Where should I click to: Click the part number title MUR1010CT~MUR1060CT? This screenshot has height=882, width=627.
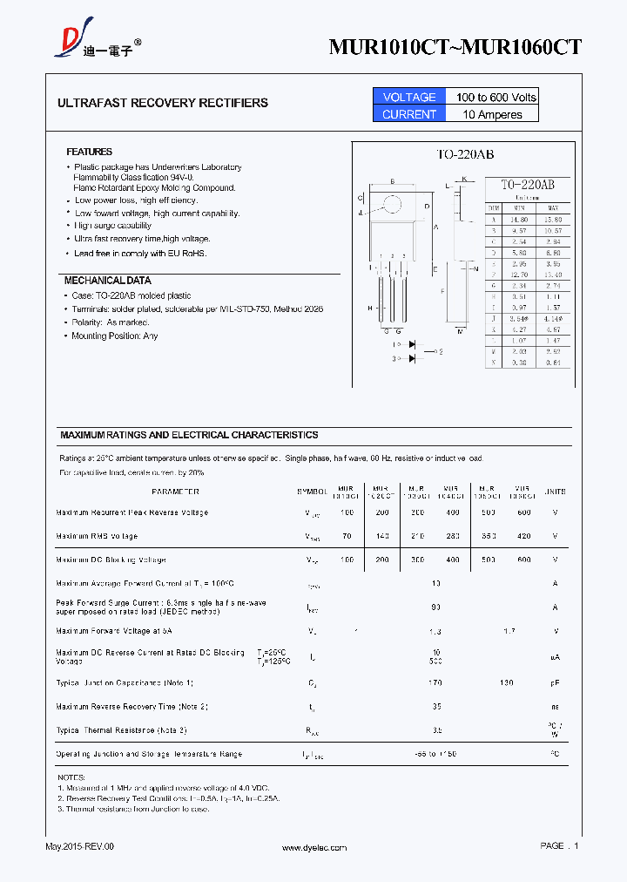[455, 47]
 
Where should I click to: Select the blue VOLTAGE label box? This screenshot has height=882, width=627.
[408, 97]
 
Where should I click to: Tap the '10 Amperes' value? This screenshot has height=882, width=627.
[492, 114]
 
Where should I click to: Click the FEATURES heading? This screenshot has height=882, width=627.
[89, 152]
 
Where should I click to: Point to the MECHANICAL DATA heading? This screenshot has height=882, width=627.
[107, 281]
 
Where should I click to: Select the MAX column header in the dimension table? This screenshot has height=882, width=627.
[552, 207]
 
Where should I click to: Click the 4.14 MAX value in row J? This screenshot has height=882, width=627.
[552, 320]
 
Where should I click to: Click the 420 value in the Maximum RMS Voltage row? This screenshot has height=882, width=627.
[523, 536]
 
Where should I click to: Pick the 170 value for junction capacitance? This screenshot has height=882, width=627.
[435, 682]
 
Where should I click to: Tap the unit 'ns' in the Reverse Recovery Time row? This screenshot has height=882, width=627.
[554, 707]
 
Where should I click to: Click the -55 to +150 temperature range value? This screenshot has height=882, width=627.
[435, 754]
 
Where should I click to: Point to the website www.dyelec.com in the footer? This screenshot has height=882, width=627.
[313, 847]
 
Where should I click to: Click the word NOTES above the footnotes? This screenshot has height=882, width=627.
[71, 777]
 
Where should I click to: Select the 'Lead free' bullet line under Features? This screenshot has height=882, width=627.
[140, 254]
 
